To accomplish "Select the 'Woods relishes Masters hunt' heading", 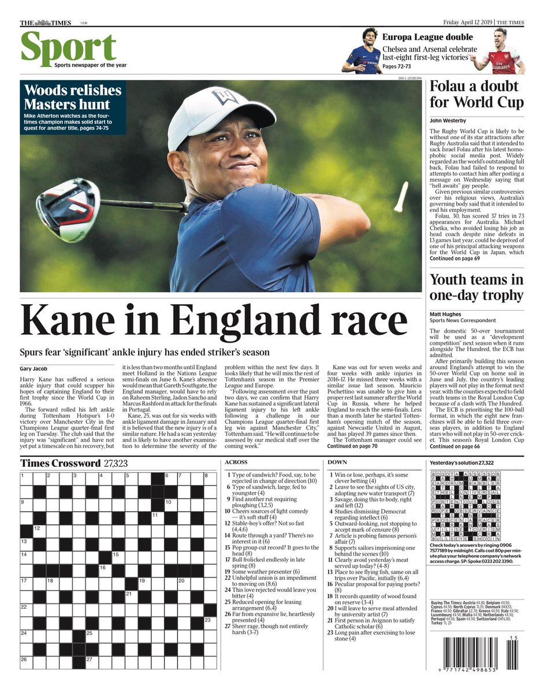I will tap(73, 97).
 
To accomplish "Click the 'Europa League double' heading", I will tap(427, 38).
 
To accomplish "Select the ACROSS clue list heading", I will tap(236, 463).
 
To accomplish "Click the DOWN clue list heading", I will tap(337, 463).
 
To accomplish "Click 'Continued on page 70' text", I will tap(352, 446).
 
